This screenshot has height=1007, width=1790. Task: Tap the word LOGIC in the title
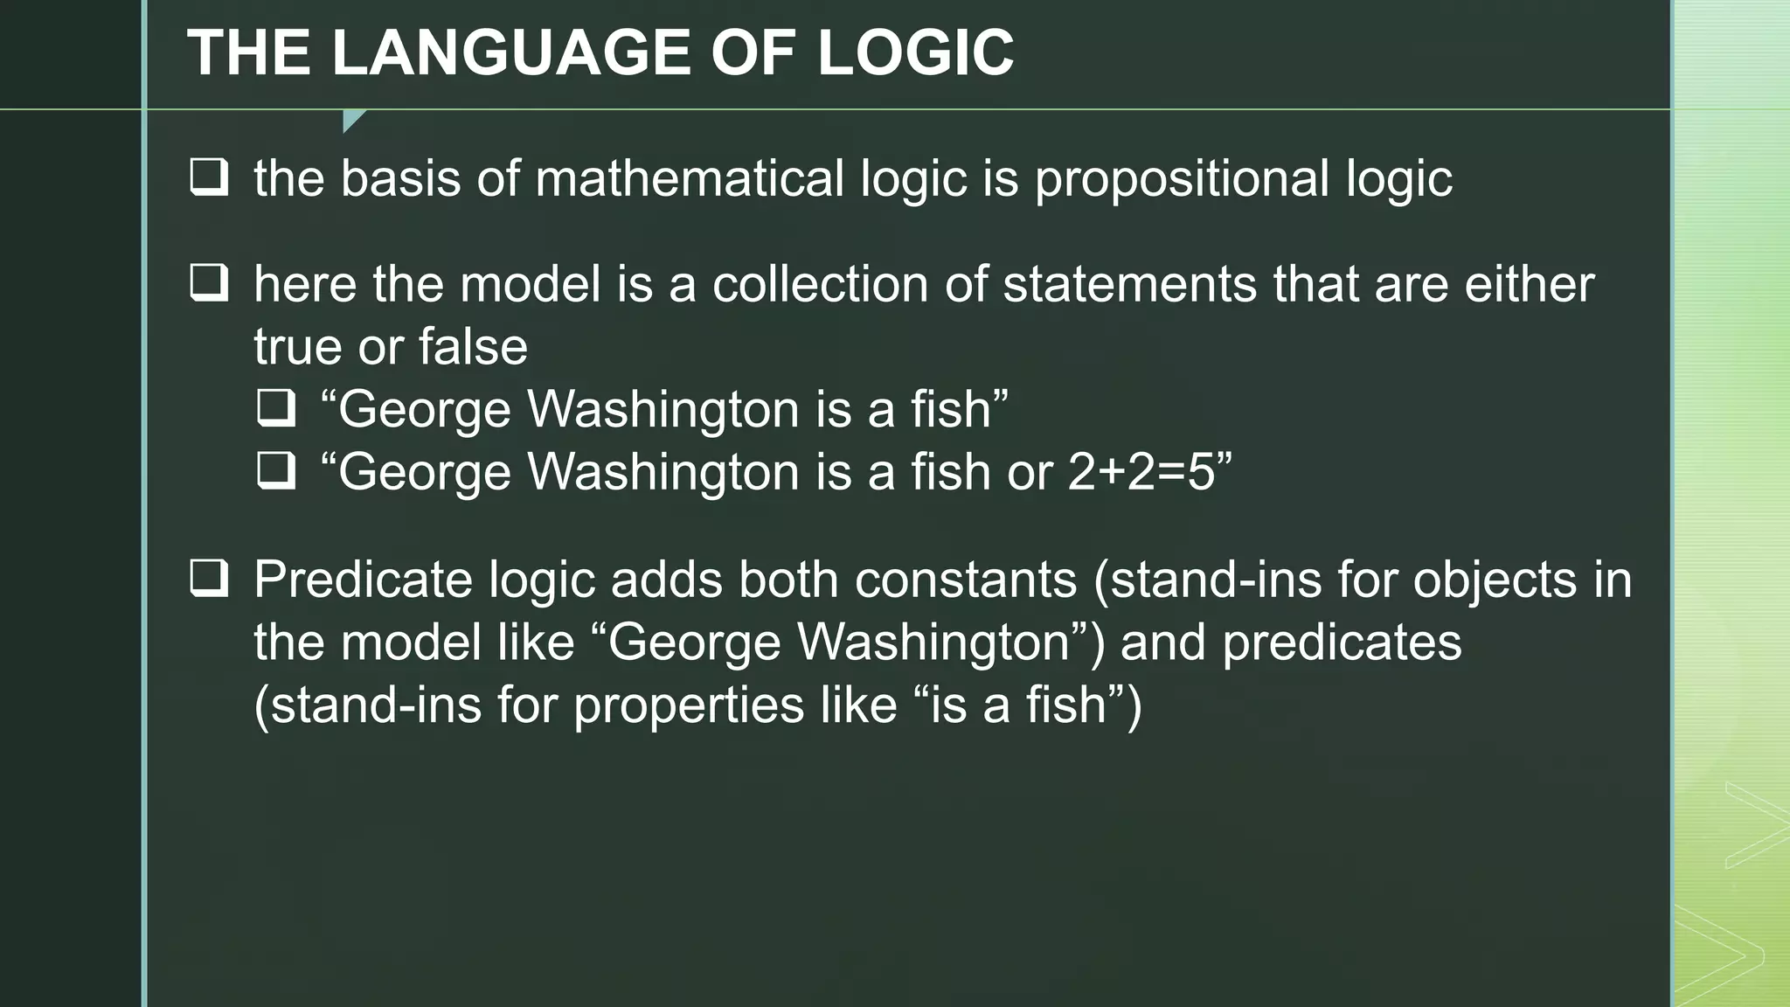915,52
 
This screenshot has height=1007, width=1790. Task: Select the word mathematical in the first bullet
690,178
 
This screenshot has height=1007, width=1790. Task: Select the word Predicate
363,580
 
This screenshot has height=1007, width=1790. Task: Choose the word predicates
1342,642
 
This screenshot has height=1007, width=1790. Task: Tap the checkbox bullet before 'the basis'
210,177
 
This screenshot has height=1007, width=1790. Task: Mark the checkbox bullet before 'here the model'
210,284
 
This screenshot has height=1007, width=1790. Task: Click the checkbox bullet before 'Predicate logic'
210,579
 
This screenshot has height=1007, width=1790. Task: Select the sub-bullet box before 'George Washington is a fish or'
276,471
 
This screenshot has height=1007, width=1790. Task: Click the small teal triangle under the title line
351,120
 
